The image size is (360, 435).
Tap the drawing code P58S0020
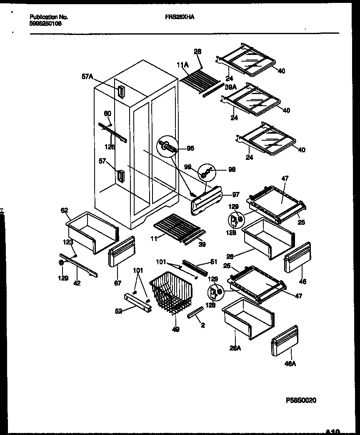pos(301,400)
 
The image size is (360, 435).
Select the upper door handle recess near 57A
pos(121,92)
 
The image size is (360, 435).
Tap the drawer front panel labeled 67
pos(122,252)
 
